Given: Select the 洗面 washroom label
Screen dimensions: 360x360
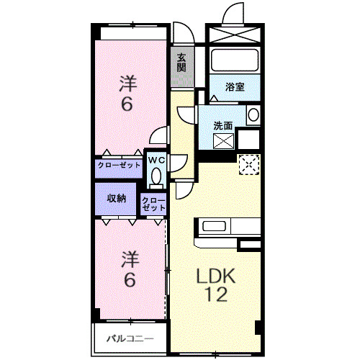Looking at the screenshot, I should pos(222,125).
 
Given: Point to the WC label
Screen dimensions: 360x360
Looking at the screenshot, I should pos(156,159).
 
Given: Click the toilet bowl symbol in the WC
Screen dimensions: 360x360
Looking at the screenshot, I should pos(156,177).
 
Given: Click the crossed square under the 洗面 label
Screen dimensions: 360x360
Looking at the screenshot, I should pos(223,142).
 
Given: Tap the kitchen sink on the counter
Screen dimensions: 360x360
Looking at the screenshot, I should pos(215,226).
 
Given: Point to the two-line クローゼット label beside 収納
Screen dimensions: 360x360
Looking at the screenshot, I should pos(153,204).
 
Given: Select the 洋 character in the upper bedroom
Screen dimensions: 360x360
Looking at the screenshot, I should pos(127,84).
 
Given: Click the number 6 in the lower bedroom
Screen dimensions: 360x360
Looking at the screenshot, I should pos(129,280).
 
